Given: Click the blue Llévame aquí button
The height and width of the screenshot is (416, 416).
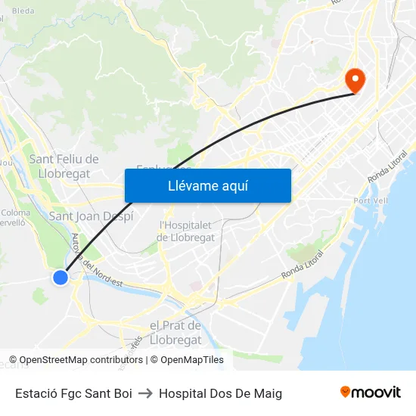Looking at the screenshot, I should (x=207, y=186).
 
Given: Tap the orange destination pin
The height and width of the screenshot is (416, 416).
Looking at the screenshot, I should (x=354, y=79).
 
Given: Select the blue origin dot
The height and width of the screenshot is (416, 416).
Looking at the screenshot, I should (x=61, y=278).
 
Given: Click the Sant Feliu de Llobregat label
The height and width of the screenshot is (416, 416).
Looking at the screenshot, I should (x=64, y=166).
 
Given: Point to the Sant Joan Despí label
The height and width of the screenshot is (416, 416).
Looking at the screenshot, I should (x=91, y=216).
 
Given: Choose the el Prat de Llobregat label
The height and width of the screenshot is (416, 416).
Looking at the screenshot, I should (x=175, y=332).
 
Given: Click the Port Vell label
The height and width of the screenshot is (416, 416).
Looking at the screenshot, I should (x=370, y=200).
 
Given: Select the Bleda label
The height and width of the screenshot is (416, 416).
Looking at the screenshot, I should (x=23, y=11).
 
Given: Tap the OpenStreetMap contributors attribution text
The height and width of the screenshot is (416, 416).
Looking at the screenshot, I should (x=81, y=360).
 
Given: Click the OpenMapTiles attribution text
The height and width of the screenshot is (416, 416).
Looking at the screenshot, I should (x=192, y=360).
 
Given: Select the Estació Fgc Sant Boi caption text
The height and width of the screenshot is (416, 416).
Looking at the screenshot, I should (x=73, y=393).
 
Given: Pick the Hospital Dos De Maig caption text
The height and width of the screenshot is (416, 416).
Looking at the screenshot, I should (x=220, y=393).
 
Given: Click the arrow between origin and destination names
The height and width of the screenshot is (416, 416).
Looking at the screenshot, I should (x=145, y=393).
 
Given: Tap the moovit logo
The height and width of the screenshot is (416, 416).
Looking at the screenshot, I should (x=371, y=392).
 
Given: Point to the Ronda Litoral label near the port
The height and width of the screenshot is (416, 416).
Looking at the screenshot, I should (x=303, y=264).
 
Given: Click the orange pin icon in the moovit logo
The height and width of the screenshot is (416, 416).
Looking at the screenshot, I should (x=346, y=392).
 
